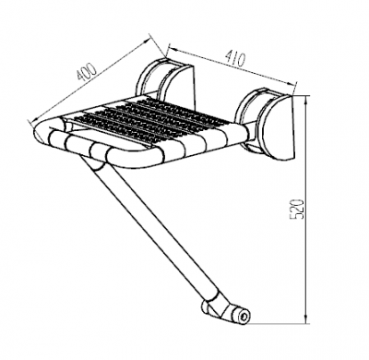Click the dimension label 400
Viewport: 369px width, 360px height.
click(x=87, y=72)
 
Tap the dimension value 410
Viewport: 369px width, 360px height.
click(x=235, y=59)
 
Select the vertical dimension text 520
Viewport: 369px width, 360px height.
click(x=297, y=209)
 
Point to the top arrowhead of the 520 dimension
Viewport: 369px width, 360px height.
click(x=306, y=100)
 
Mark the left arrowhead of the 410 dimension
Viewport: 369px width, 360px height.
click(x=171, y=49)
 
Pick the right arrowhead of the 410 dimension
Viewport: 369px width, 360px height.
click(x=292, y=84)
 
